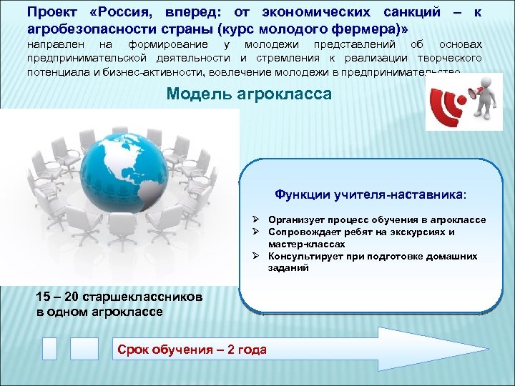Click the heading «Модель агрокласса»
pyautogui.click(x=249, y=94)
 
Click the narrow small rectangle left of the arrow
pyautogui.click(x=49, y=348)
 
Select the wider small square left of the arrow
pyautogui.click(x=84, y=348)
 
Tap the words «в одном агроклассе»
pyautogui.click(x=99, y=312)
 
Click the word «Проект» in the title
pyautogui.click(x=50, y=13)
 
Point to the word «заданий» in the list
pyautogui.click(x=289, y=268)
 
